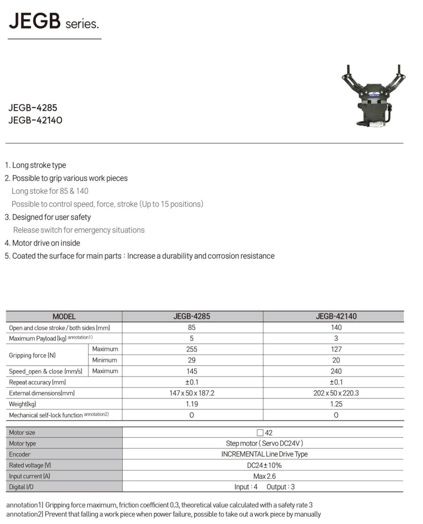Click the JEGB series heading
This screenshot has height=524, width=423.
[54, 21]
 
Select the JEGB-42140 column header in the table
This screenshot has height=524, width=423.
[336, 316]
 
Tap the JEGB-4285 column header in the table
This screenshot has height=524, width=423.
[191, 316]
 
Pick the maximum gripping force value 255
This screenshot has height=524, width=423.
[191, 349]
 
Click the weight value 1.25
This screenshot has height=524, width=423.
[336, 404]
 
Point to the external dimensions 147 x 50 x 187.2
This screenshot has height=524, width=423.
[192, 393]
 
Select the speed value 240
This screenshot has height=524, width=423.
[336, 371]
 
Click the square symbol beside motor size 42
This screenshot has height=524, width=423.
[260, 433]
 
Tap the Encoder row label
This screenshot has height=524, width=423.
[20, 454]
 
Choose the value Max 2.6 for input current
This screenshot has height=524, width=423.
[264, 476]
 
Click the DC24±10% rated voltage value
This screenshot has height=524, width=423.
[264, 465]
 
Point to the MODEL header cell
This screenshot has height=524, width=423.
[64, 317]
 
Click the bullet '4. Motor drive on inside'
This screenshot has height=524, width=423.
[42, 243]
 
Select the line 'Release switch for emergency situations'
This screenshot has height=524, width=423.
[79, 230]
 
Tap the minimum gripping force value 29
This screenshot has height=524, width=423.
[191, 360]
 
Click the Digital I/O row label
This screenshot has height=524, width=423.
[21, 487]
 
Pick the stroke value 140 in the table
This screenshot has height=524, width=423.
[336, 327]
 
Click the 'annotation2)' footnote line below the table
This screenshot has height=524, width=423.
[163, 514]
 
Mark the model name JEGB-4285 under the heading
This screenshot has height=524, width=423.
[33, 107]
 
